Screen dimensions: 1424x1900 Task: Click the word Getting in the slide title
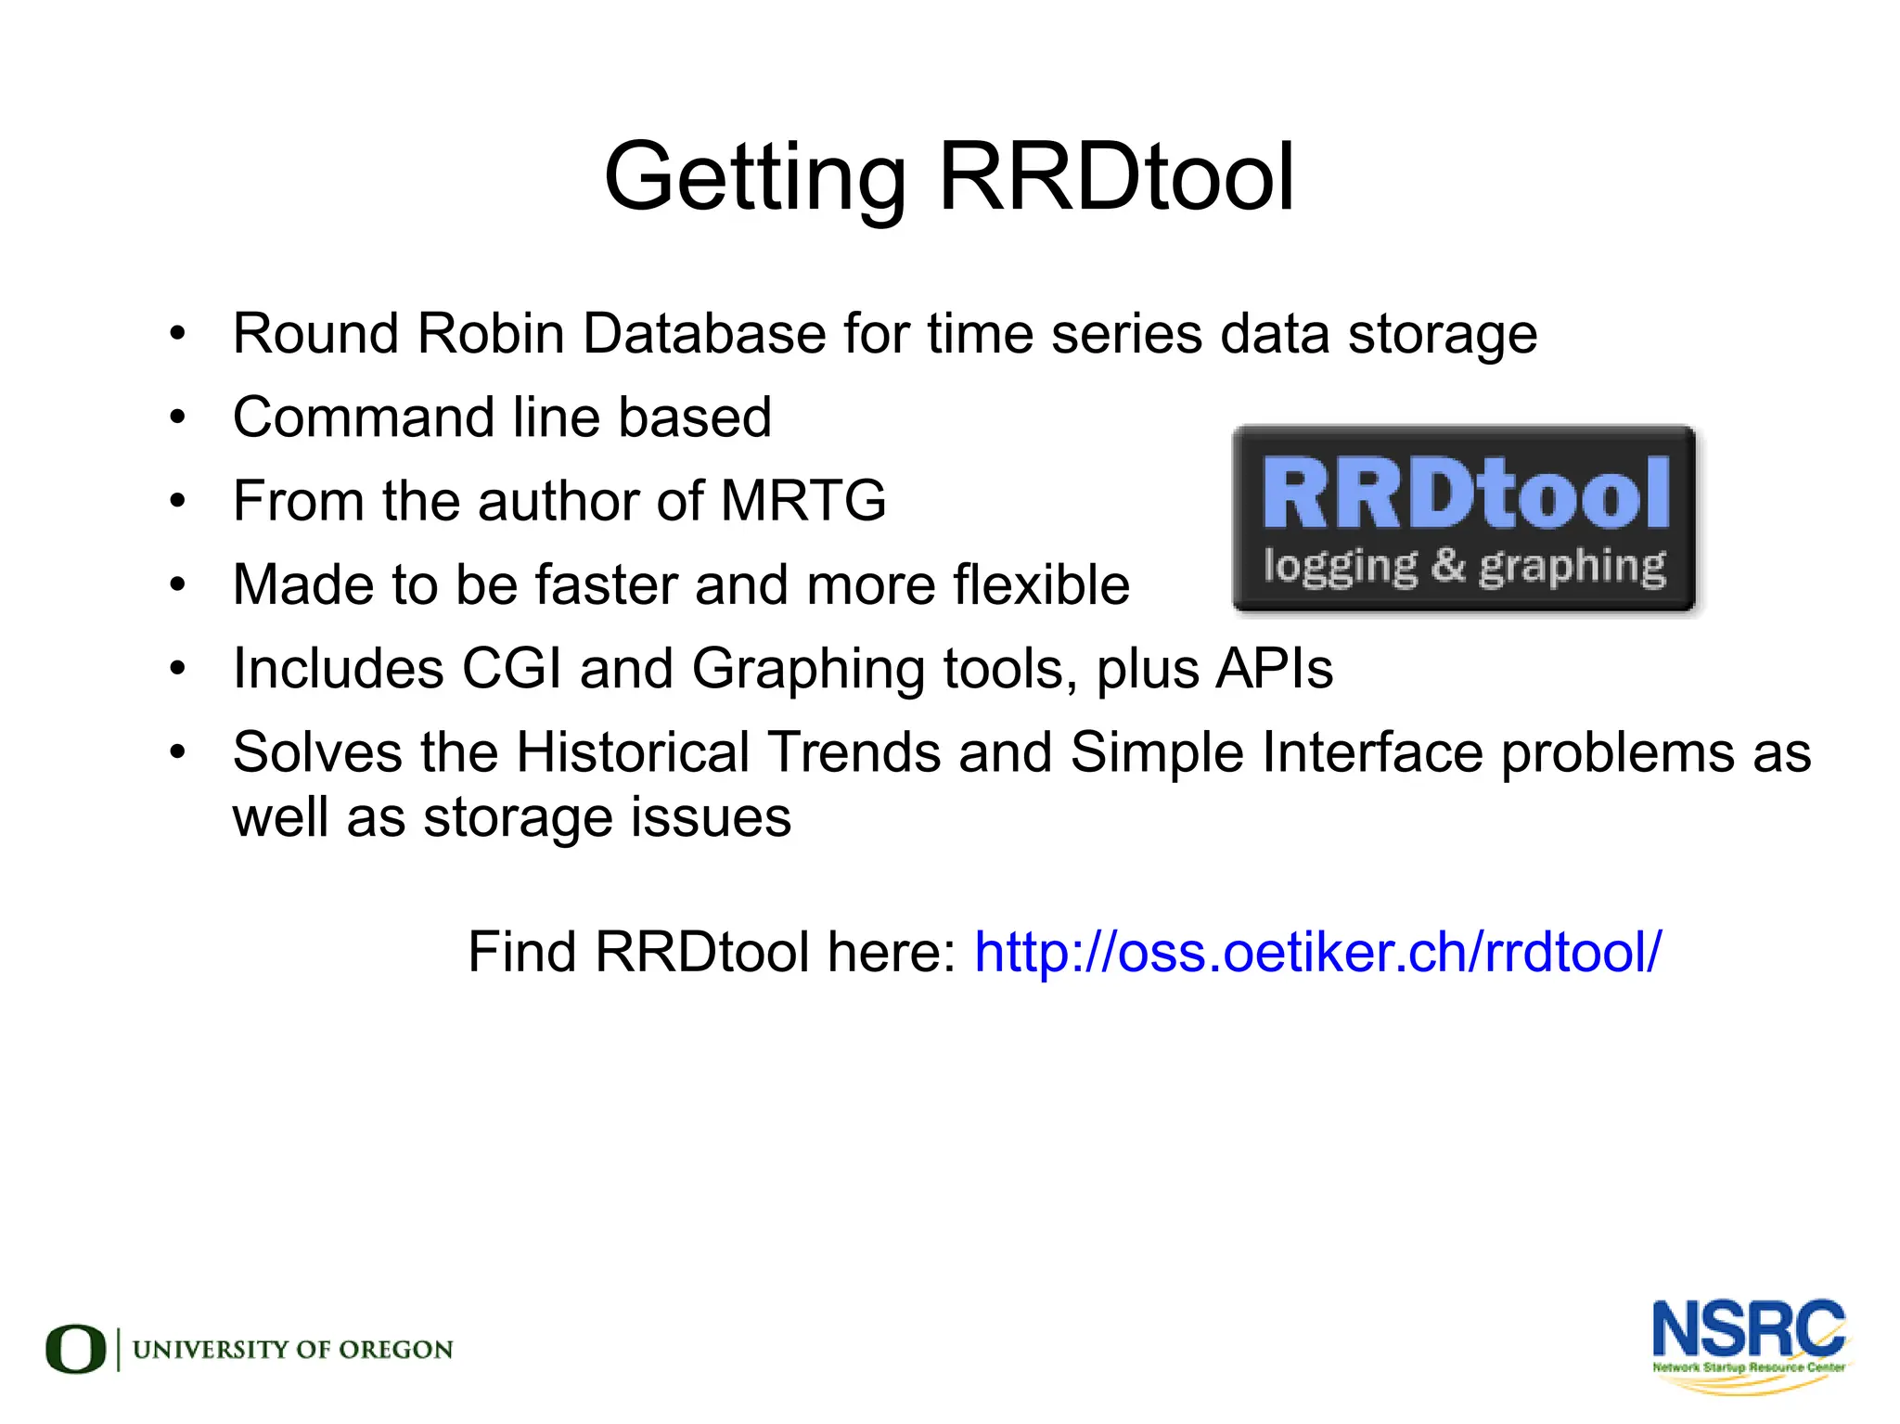pyautogui.click(x=754, y=177)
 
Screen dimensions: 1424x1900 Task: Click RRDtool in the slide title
pyautogui.click(x=1116, y=177)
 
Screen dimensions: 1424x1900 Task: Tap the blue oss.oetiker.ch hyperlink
pyautogui.click(x=1317, y=952)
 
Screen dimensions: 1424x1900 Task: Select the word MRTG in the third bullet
pyautogui.click(x=802, y=501)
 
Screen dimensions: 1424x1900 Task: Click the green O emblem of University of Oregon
pyautogui.click(x=75, y=1349)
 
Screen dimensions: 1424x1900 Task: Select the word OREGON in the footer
pyautogui.click(x=396, y=1350)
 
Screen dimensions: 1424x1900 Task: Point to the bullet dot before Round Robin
pyautogui.click(x=178, y=333)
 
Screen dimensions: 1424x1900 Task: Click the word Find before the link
pyautogui.click(x=521, y=952)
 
